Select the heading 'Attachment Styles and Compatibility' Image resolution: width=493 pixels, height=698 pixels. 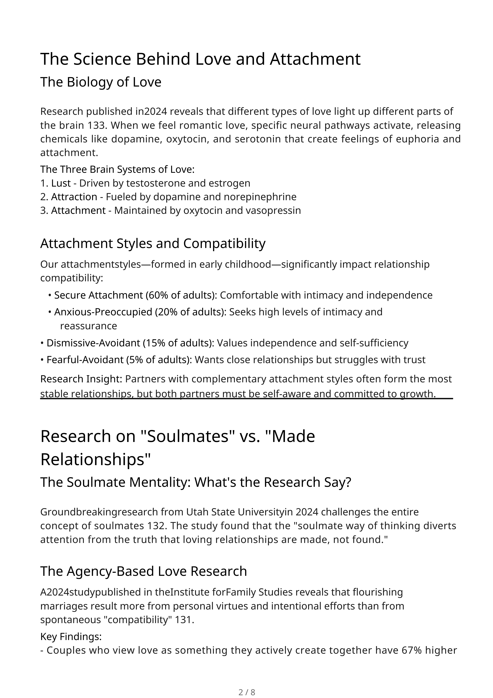click(x=153, y=244)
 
